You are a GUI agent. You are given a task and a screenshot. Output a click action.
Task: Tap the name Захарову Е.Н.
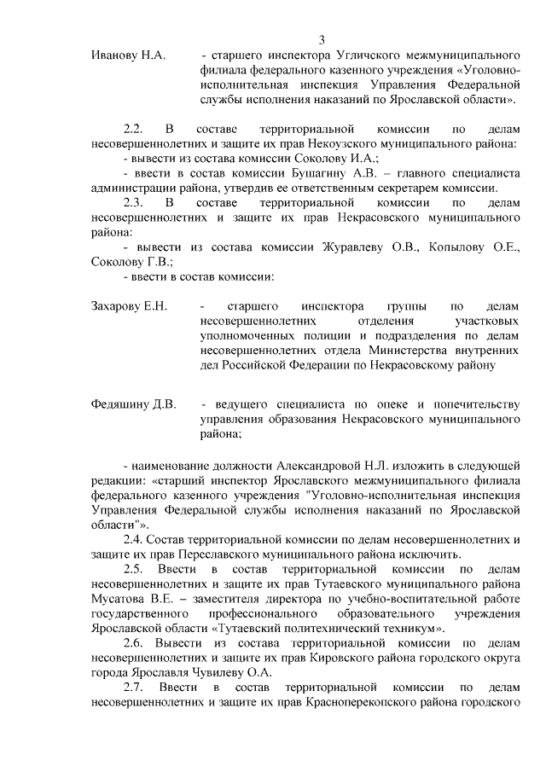130,305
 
